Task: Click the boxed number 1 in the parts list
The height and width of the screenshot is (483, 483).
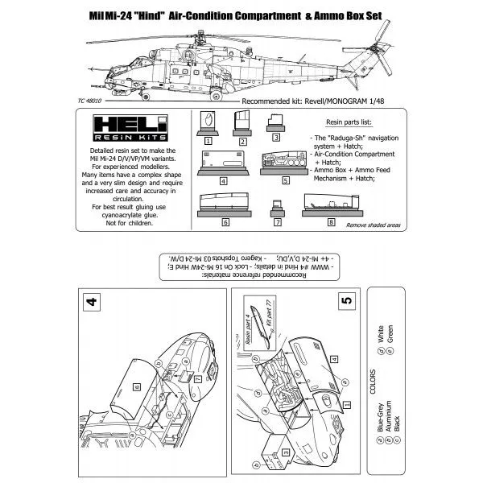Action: pos(208,139)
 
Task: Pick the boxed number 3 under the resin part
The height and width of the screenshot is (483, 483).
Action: pos(276,139)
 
